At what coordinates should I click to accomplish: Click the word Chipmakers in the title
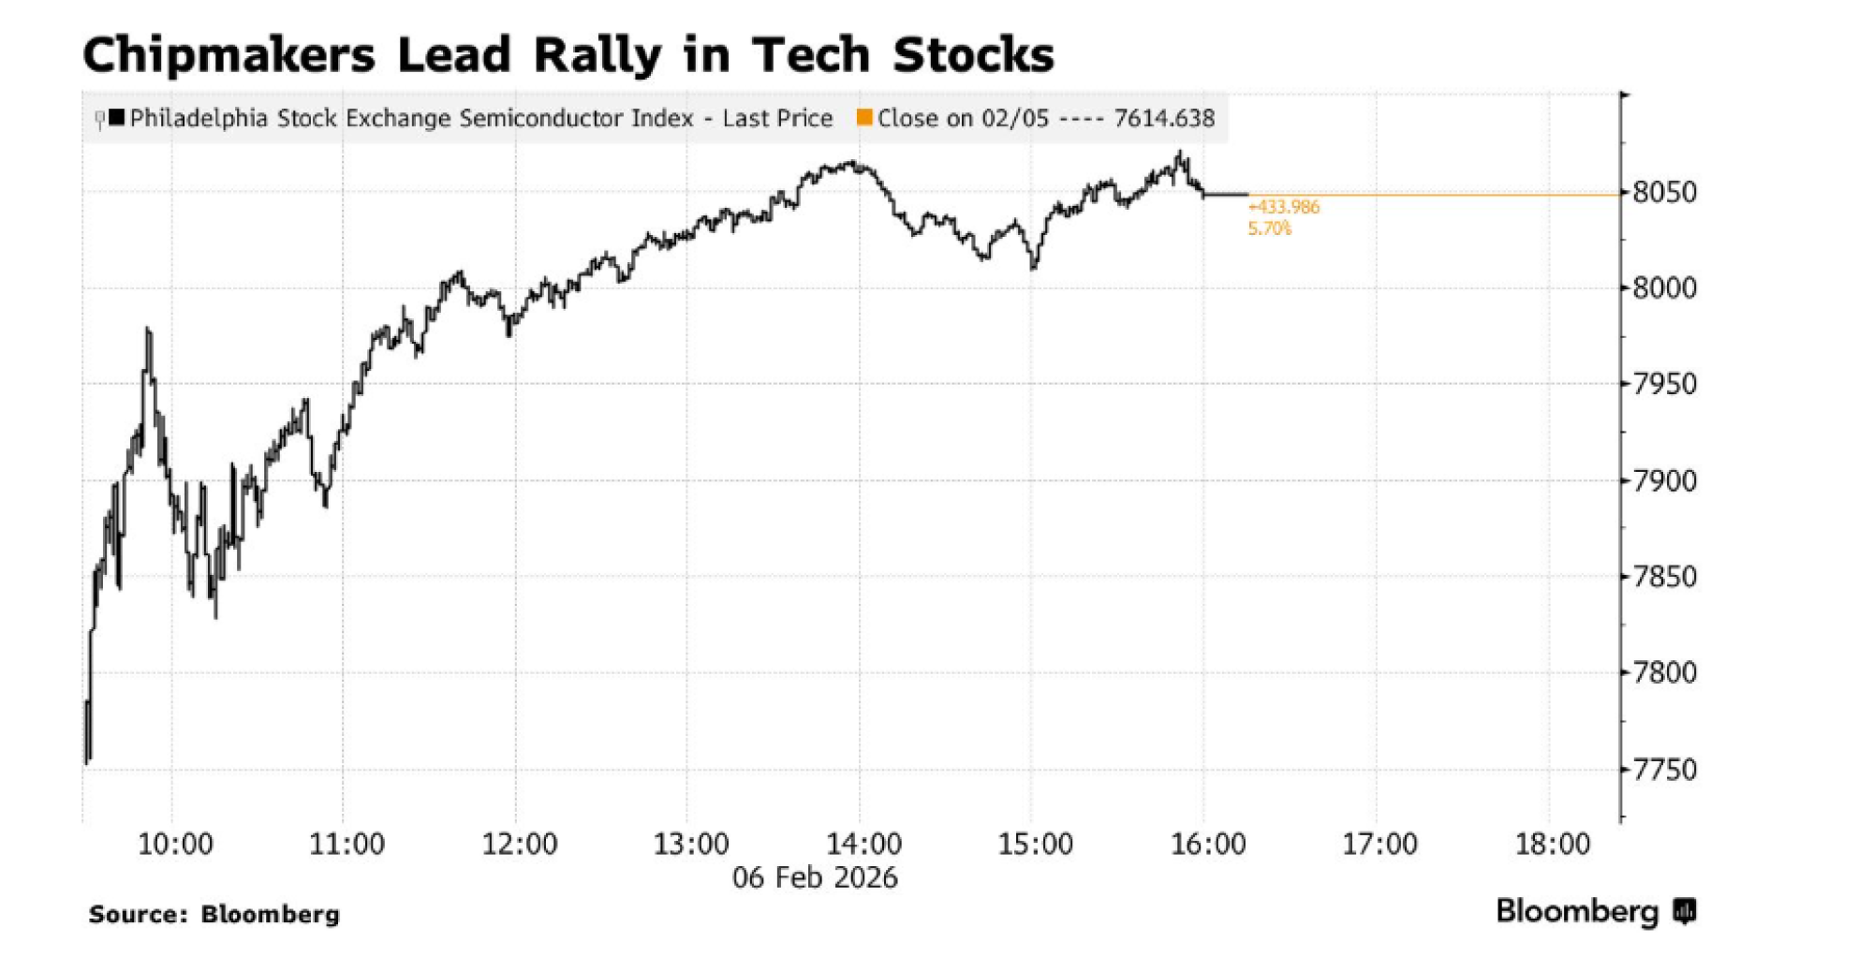229,54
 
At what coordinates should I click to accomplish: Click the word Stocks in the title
973,54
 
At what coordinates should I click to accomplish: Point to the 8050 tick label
1664,193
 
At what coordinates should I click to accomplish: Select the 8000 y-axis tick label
1664,288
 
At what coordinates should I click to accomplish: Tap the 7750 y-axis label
1664,770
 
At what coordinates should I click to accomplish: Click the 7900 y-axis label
1664,481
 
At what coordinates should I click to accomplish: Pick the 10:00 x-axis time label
175,844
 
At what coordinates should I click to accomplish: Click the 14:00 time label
863,844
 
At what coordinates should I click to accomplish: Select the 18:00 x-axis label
1552,844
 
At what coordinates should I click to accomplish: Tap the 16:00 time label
1208,844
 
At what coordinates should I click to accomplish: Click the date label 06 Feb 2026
815,877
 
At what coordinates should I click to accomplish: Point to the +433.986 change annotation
1284,207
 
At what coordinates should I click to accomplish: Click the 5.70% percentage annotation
1269,228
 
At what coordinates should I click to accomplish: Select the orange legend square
864,118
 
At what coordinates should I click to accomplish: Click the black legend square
117,118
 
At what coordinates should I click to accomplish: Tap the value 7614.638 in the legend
1164,119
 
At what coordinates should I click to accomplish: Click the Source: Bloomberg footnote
214,914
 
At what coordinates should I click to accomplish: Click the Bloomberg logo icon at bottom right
1685,911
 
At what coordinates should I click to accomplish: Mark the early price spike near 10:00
148,331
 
